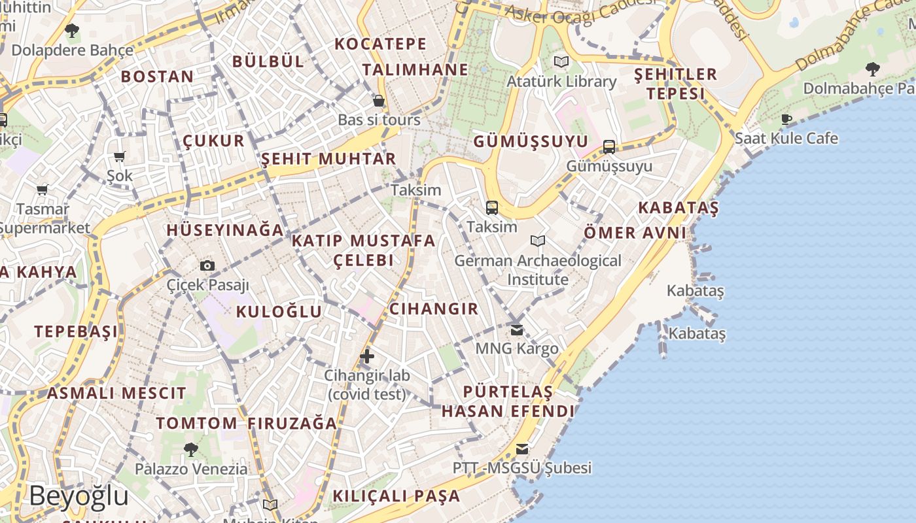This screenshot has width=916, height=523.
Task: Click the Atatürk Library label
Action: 561,82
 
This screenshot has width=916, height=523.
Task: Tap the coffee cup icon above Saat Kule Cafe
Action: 786,119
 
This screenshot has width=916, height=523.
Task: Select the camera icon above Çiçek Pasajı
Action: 207,265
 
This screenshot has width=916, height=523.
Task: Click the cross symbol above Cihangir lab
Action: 367,356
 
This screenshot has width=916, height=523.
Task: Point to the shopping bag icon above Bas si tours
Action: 379,101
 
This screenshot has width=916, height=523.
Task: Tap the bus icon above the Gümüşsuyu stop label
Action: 609,146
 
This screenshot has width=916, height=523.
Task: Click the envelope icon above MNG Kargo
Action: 517,329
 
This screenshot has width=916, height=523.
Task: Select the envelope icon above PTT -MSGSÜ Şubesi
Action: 521,449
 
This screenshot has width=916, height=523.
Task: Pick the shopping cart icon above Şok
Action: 120,156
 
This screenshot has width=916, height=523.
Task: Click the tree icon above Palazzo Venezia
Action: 191,450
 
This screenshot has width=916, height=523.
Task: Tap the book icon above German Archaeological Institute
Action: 538,241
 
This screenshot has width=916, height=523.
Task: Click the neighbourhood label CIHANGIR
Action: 434,309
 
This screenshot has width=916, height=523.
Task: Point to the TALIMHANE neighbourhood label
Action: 415,69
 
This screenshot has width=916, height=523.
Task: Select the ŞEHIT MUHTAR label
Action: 328,159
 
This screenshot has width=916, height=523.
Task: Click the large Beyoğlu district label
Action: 79,496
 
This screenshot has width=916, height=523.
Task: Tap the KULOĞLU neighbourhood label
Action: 279,311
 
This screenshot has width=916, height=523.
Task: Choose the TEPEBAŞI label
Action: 77,331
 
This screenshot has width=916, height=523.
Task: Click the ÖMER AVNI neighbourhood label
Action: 635,232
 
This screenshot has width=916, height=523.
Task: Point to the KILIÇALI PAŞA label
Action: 396,496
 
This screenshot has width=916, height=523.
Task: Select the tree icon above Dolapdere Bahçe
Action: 72,30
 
